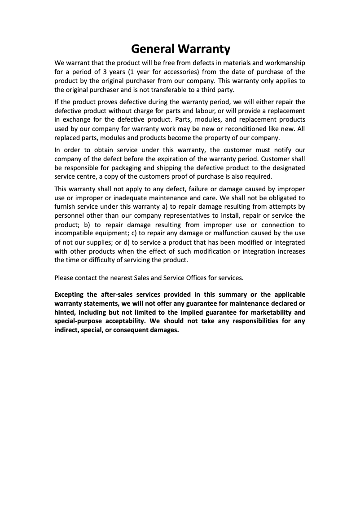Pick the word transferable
(159, 89)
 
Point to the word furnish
(65, 206)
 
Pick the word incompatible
(73, 233)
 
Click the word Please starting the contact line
(64, 278)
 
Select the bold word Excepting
(70, 294)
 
